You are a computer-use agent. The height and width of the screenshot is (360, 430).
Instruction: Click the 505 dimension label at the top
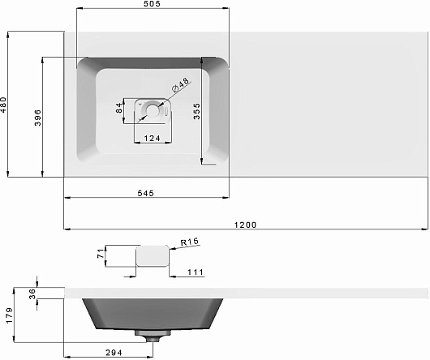point(152,4)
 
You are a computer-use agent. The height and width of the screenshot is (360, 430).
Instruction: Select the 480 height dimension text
point(3,105)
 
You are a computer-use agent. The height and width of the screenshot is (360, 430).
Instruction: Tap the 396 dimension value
point(38,118)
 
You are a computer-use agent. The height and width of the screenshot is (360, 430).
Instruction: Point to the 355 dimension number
point(196,111)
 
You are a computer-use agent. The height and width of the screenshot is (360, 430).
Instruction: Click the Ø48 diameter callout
point(180,84)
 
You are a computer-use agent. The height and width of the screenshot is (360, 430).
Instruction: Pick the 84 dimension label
point(119,108)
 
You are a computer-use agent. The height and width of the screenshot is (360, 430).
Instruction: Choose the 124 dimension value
point(153,139)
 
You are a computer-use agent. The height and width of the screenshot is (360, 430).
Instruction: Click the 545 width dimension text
point(145,194)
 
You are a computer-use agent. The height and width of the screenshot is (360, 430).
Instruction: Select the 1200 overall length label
point(246,225)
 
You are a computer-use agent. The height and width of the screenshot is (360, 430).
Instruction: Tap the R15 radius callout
point(190,242)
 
